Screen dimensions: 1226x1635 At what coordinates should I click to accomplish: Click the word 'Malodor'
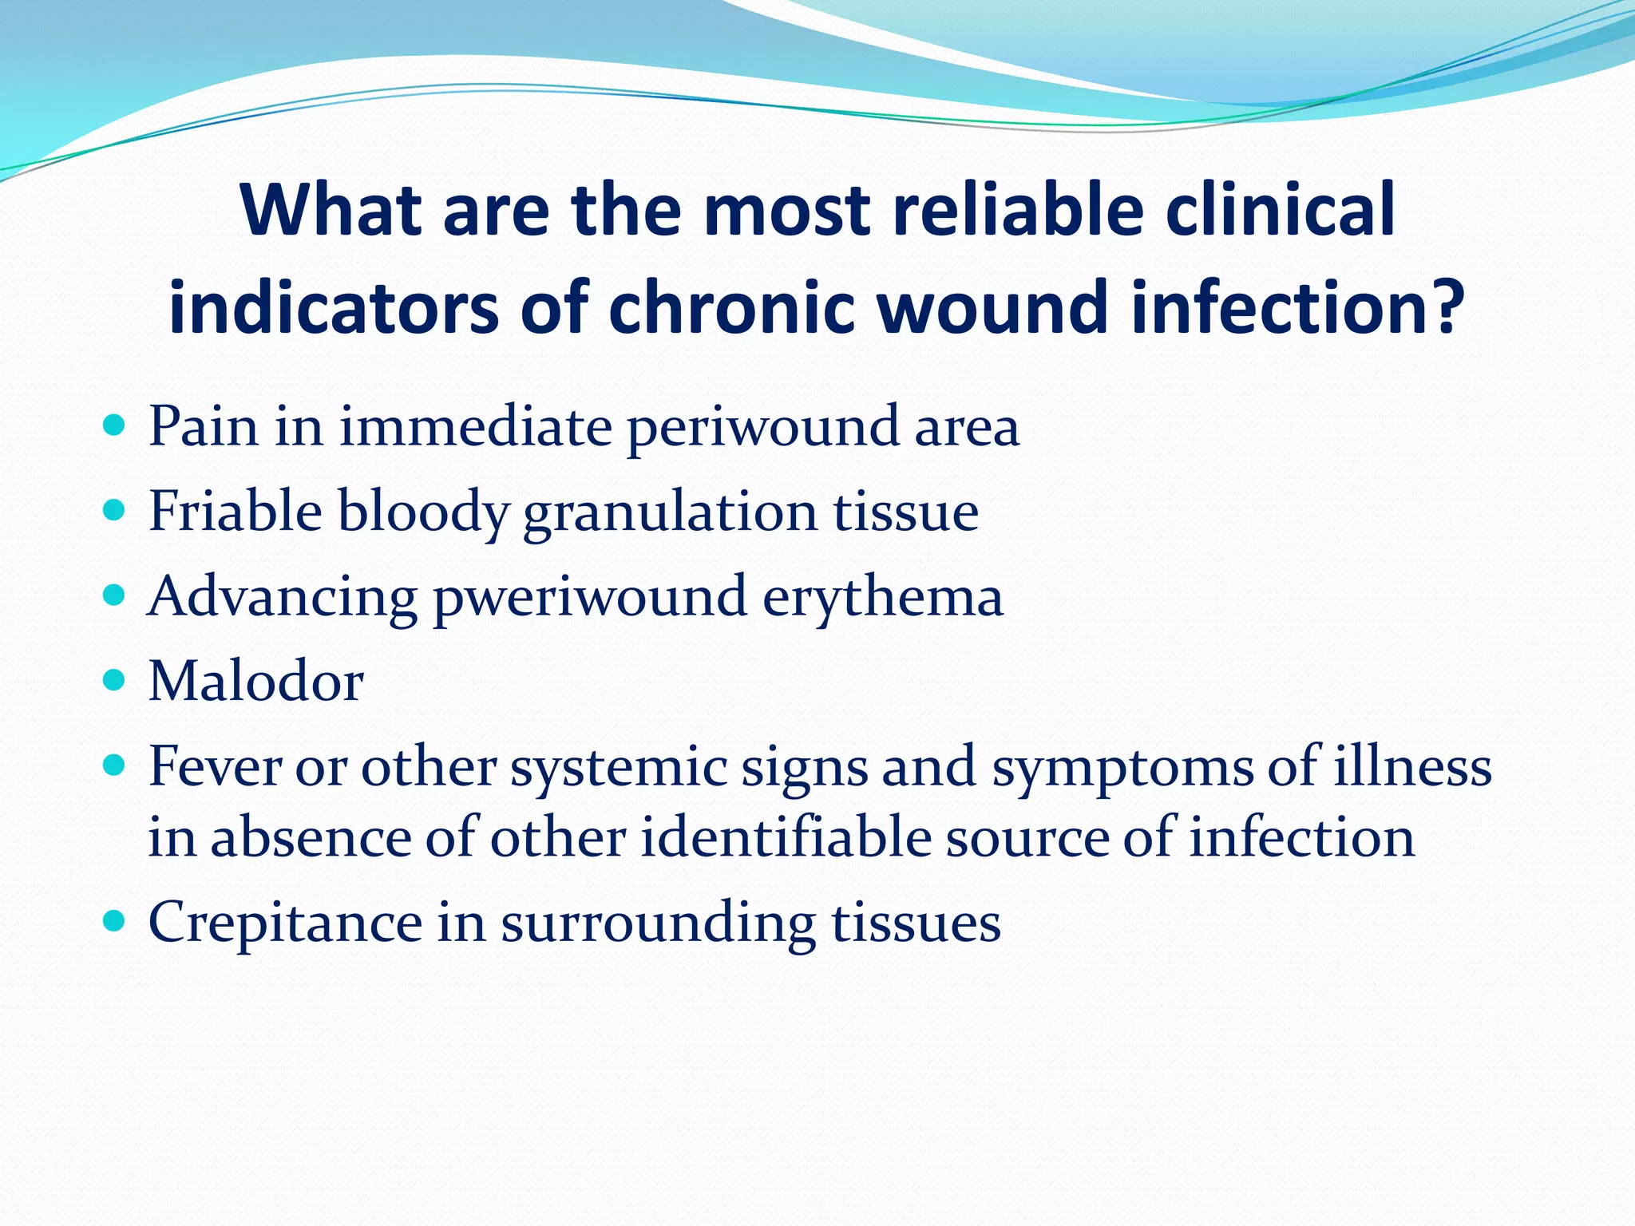tap(256, 682)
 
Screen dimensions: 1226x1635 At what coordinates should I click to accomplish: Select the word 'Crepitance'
tap(285, 923)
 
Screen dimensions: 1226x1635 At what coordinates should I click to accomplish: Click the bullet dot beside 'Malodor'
tap(115, 681)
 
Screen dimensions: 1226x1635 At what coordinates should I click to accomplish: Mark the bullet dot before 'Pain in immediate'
tap(115, 425)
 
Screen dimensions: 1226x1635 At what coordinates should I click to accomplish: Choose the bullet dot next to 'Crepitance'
tap(115, 922)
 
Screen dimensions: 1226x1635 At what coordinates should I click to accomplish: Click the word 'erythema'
tap(882, 598)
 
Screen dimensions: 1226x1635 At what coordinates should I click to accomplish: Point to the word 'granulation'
tap(670, 512)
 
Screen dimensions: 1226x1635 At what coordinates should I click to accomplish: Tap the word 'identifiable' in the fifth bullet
tap(786, 838)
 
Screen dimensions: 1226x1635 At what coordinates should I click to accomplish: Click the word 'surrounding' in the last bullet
tap(658, 924)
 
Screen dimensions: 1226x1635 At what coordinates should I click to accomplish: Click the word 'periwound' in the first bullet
tap(762, 427)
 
